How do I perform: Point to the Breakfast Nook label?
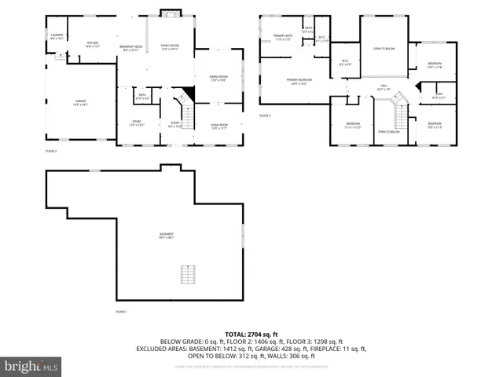coord(131,47)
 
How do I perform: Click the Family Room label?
coord(171,47)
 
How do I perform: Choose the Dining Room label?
coord(218,78)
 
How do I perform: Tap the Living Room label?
coord(218,126)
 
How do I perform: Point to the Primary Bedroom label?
coord(298,81)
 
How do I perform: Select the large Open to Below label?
coord(384,49)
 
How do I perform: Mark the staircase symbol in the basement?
coord(187,276)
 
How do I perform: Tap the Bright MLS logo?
coord(31,366)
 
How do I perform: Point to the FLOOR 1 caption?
coord(121,312)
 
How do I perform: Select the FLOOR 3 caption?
coord(264,115)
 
